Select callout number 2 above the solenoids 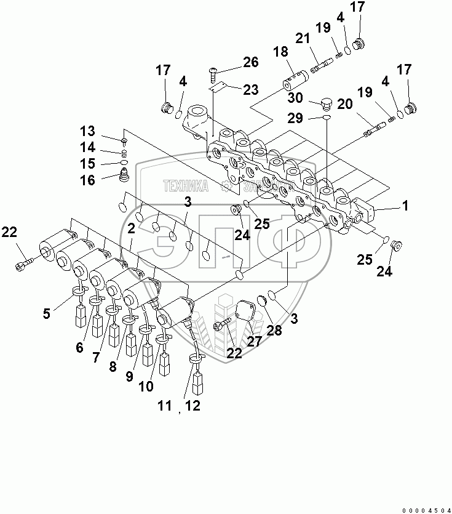131,228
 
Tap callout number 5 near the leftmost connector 47,314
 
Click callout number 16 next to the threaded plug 88,180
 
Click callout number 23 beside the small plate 250,90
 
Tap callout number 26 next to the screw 250,62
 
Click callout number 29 295,117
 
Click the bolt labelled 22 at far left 22,266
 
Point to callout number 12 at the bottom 193,406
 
